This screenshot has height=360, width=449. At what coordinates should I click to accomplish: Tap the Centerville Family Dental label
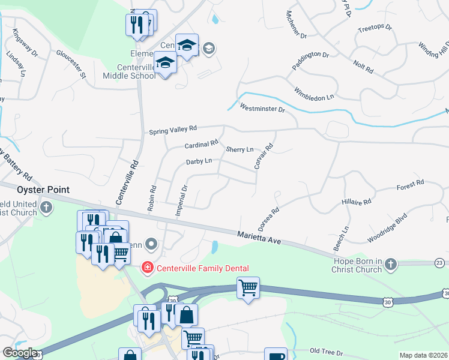pyautogui.click(x=203, y=268)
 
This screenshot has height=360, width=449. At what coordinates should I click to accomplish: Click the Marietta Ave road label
pyautogui.click(x=259, y=238)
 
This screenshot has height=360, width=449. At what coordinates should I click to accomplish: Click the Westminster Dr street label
pyautogui.click(x=262, y=109)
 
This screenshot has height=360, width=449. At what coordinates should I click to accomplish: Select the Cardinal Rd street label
pyautogui.click(x=201, y=145)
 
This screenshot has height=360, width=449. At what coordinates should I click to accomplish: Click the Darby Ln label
pyautogui.click(x=199, y=161)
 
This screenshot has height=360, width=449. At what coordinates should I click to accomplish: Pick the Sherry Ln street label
pyautogui.click(x=240, y=149)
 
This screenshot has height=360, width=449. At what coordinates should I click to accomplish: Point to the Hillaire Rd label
pyautogui.click(x=357, y=202)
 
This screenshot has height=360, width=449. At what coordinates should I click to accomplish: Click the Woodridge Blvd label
pyautogui.click(x=387, y=227)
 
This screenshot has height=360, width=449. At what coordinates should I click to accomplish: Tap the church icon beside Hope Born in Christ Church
pyautogui.click(x=391, y=264)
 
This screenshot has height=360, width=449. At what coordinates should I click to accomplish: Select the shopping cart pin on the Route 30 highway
pyautogui.click(x=248, y=288)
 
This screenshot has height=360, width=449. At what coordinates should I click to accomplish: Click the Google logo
pyautogui.click(x=20, y=353)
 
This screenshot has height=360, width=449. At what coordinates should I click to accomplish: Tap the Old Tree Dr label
pyautogui.click(x=326, y=351)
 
